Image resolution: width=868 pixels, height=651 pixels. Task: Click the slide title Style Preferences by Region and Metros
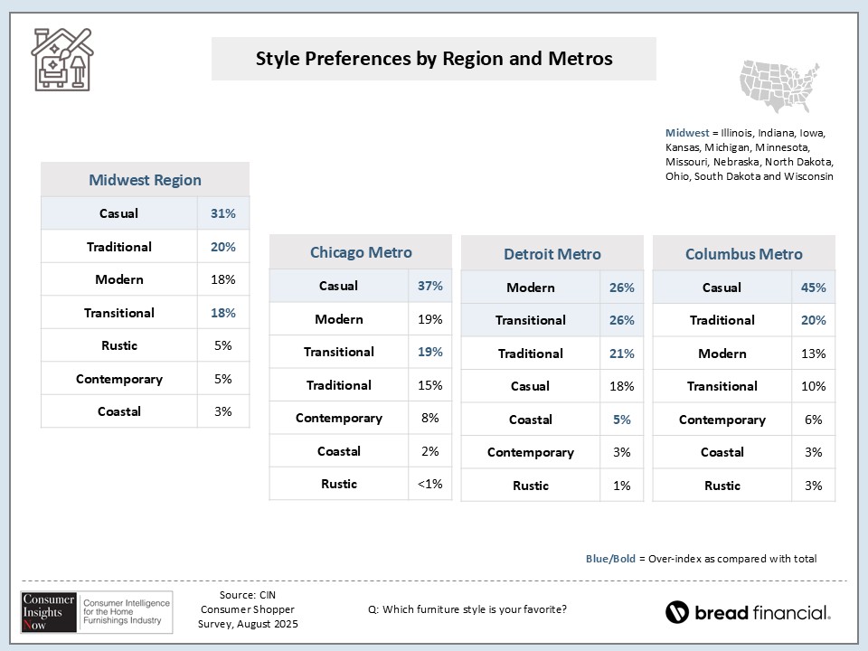tap(434, 59)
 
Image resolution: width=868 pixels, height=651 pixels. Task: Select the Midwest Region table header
tap(145, 180)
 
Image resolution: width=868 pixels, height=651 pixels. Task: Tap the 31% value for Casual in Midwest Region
tap(223, 213)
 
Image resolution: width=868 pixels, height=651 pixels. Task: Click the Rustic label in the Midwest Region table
tap(119, 345)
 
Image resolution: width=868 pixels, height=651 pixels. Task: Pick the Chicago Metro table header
tap(360, 252)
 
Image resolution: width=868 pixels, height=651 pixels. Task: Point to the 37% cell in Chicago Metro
tap(429, 286)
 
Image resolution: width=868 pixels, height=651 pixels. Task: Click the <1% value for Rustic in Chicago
tap(429, 484)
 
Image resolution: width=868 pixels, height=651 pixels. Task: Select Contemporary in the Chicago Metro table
tap(339, 418)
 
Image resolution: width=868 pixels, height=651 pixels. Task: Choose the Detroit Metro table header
tap(552, 254)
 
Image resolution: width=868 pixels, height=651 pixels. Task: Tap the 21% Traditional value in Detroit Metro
tap(621, 354)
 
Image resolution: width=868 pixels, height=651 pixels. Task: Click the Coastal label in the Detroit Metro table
tap(530, 420)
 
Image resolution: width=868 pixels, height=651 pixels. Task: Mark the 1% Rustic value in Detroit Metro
tap(621, 486)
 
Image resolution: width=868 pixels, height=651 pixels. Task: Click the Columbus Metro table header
tap(743, 254)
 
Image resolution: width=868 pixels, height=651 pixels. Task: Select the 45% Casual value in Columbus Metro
tap(813, 288)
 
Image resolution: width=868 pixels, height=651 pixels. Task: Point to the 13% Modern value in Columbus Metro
tap(813, 354)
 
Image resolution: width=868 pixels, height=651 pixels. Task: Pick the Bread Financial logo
tap(748, 612)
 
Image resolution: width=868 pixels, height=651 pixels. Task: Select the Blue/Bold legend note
tap(701, 559)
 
